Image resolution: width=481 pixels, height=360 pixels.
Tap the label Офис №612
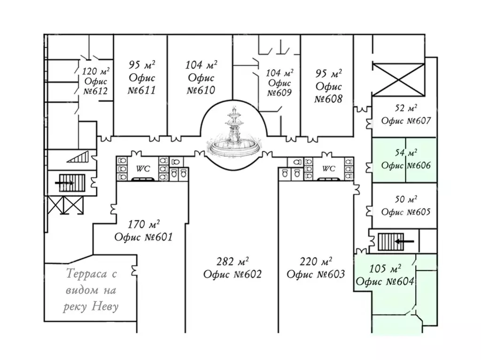[96, 86]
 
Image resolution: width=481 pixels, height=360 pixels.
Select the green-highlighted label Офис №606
[406, 165]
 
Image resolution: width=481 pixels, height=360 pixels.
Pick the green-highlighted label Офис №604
[385, 282]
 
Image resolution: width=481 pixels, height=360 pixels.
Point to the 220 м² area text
[316, 261]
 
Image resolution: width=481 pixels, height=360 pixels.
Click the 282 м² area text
[233, 261]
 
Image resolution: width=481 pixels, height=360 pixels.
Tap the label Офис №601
[144, 237]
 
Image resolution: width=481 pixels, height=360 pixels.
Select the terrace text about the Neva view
[92, 290]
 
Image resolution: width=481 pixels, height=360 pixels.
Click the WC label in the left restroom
[143, 169]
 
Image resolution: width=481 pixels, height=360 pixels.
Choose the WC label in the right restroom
[329, 169]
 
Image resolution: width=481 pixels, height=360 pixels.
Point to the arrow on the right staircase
[404, 241]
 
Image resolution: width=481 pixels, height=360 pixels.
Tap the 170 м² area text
[144, 224]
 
